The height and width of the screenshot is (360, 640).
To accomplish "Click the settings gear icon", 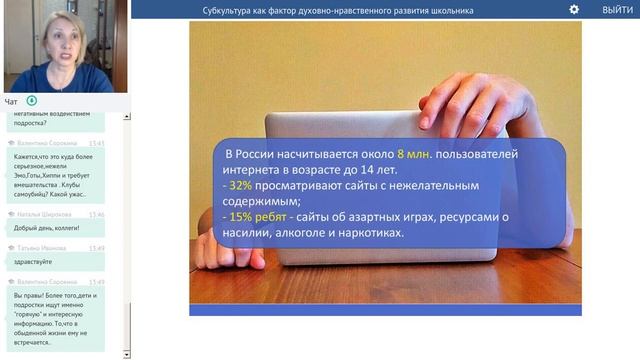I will point(574,9).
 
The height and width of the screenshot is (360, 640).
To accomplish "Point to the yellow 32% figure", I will point(240,185).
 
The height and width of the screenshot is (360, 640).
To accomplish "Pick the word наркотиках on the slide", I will point(369,233).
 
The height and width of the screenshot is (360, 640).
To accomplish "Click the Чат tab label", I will point(11,101).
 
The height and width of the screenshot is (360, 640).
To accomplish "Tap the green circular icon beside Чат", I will point(32,101).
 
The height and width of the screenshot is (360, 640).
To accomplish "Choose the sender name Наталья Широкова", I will point(43,214).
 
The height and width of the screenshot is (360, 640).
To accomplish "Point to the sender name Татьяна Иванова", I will point(41,247).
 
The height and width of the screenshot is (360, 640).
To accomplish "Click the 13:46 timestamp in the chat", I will point(96,214).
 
